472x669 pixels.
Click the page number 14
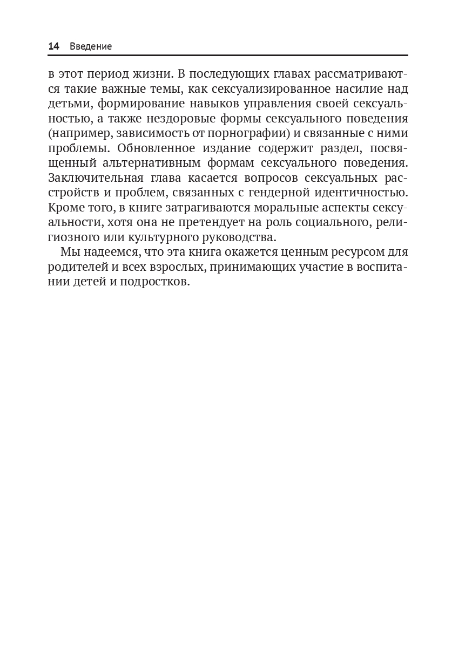53,46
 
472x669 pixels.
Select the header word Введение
91,46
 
